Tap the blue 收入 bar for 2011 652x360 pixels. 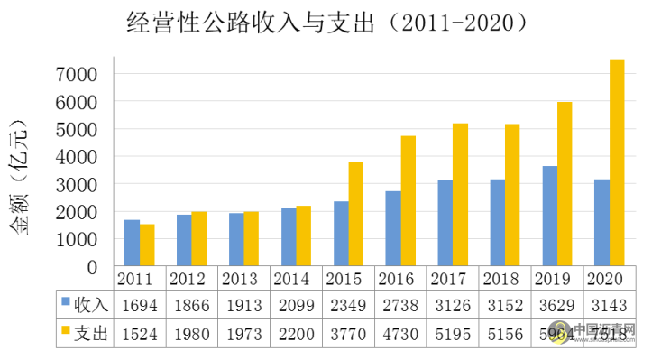(x=132, y=243)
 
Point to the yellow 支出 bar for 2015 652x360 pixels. (x=355, y=215)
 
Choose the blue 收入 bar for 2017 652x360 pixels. (x=445, y=223)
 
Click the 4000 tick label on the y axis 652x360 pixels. (x=93, y=156)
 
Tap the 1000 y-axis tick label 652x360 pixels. (x=93, y=239)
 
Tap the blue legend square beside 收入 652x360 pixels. (x=65, y=304)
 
